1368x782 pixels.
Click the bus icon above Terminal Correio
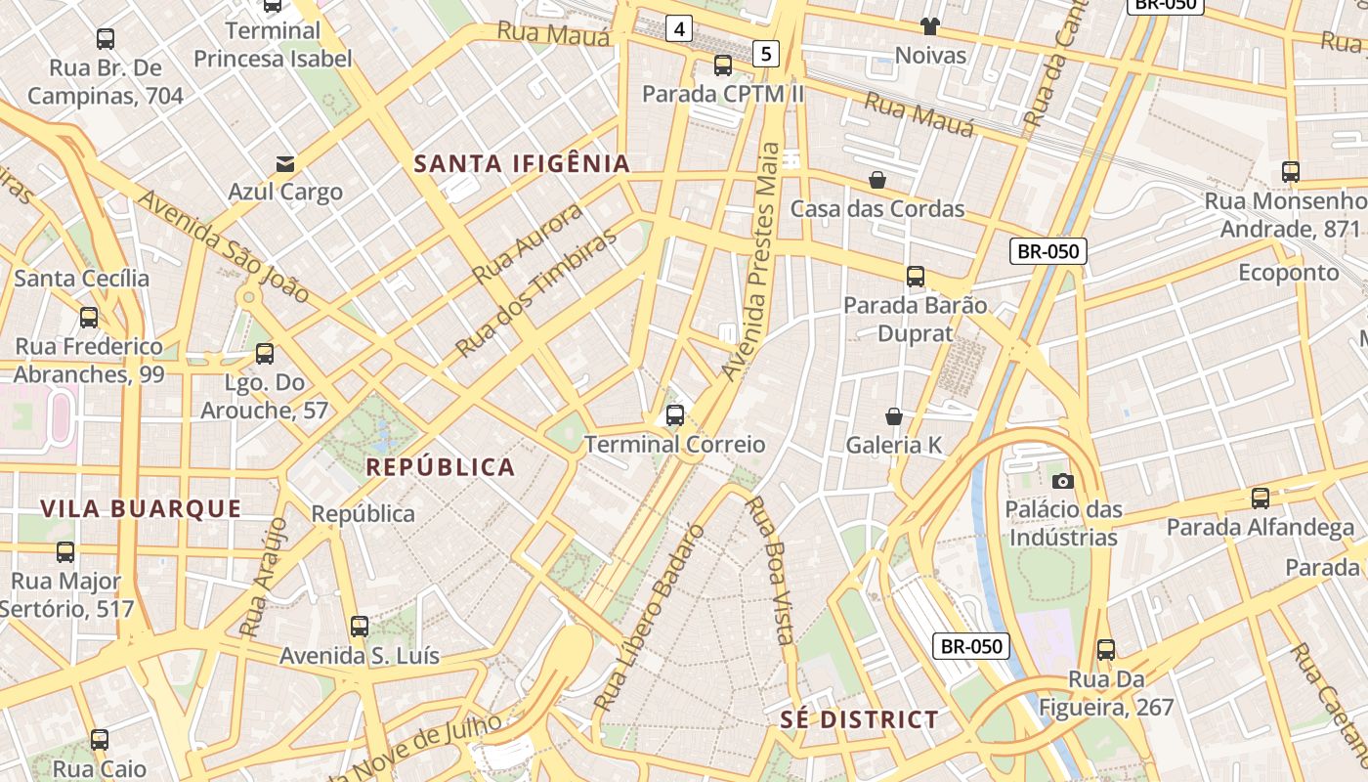click(674, 415)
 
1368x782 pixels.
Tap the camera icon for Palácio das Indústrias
click(1062, 480)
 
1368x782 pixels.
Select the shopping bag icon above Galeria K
click(893, 416)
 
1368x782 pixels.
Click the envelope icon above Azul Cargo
click(285, 163)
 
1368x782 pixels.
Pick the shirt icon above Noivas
click(929, 26)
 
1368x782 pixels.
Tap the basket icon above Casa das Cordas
click(877, 180)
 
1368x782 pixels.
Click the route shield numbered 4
click(678, 29)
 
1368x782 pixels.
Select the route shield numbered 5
click(766, 54)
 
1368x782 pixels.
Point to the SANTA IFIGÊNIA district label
click(522, 163)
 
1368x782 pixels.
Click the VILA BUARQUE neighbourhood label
click(141, 508)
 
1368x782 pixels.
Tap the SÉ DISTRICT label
click(859, 720)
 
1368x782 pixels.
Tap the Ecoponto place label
click(1288, 272)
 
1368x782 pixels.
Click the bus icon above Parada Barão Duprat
click(915, 277)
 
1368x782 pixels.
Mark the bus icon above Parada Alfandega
click(1261, 499)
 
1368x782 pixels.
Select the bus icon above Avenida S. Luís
click(360, 627)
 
